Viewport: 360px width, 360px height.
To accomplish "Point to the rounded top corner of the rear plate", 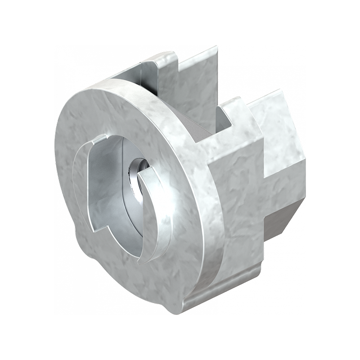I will point(155,56).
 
